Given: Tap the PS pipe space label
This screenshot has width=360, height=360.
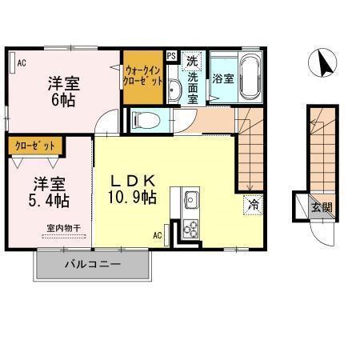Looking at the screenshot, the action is coord(171,56).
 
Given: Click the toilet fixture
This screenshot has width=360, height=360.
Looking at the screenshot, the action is coord(146,120).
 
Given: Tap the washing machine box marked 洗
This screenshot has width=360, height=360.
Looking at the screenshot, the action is coord(192,61).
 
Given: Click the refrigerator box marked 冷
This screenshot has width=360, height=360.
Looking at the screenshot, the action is coord(253,205).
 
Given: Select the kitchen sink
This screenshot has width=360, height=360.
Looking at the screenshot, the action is coord(190,199).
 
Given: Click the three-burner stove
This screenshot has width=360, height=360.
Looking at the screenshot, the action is coord(191,230).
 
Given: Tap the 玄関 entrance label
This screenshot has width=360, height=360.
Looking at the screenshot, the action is coord(322,207).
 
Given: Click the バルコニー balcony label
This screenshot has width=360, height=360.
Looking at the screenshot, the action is coord(93,265).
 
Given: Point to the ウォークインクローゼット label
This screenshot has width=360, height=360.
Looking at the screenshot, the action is coord(143,76).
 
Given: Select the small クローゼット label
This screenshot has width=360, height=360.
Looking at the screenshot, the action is coord(35,146).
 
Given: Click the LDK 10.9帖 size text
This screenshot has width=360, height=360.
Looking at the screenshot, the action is coord(132,189).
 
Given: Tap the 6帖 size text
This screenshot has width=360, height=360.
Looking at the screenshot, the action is coord(63,100).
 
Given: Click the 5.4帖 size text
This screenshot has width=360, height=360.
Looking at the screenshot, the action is coord(49,201).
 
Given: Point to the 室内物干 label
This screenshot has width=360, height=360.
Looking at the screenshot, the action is coord(63,228).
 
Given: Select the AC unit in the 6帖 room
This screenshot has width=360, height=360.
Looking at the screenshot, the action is coord(12,62).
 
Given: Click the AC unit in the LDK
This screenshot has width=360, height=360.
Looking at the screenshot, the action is coord(166,235).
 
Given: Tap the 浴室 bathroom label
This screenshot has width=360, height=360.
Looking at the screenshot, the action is coord(223,78).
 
